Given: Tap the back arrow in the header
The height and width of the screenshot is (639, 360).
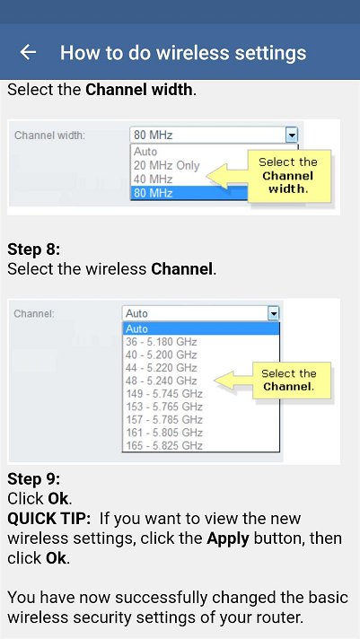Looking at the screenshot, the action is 28,52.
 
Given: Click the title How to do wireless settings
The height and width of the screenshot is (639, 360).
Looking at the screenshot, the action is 183,53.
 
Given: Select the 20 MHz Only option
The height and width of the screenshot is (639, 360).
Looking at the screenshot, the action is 167,165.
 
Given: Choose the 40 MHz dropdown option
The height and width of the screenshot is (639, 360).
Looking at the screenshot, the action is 154,179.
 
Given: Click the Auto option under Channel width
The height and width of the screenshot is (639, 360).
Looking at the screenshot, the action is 145,152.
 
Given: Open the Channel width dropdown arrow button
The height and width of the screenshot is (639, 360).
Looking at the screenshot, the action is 292,135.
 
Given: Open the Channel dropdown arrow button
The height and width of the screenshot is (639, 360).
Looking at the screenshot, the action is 274,313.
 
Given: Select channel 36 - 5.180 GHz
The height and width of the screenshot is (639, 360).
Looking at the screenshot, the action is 161,342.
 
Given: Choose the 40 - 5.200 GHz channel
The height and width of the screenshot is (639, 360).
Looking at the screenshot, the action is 161,355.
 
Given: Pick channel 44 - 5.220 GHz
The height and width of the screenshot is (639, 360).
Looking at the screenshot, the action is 161,368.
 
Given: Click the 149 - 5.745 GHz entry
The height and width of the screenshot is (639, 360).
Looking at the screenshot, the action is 164,394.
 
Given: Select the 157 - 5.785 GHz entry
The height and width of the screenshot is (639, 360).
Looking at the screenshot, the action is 164,420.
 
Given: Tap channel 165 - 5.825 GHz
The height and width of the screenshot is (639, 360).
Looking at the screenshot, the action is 164,445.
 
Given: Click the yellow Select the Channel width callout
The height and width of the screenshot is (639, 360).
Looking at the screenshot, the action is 289,176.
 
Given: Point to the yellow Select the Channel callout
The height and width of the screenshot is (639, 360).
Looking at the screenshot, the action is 291,381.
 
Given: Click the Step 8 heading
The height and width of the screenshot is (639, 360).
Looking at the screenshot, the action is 34,249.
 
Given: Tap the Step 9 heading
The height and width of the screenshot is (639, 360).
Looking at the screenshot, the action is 34,479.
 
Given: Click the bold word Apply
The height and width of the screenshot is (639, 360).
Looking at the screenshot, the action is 228,538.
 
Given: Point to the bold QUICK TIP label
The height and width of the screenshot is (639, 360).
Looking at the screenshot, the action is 48,519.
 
